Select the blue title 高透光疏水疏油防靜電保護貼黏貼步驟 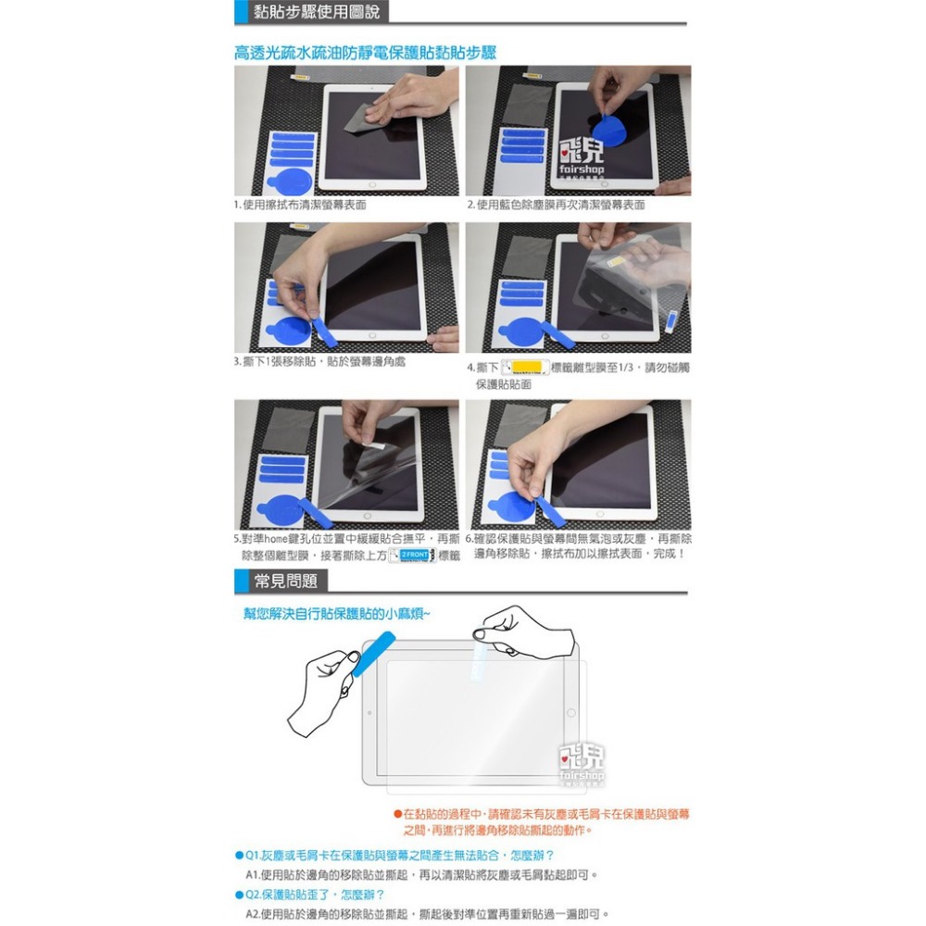(x=365, y=52)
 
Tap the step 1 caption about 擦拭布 (x=300, y=205)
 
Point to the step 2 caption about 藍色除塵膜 (x=556, y=205)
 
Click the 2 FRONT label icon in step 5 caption (x=411, y=555)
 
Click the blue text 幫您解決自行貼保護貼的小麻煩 (x=336, y=613)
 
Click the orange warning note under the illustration (x=541, y=821)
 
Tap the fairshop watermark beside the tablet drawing (x=582, y=759)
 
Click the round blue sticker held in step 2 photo (x=608, y=128)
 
